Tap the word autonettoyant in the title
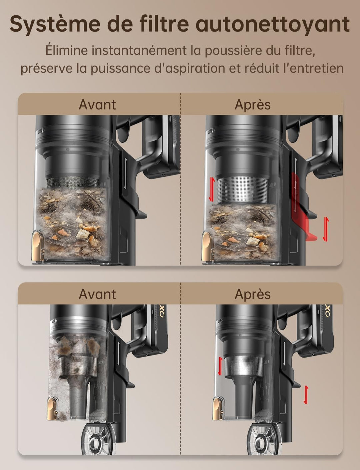(x=272, y=24)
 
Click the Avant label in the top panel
(x=97, y=105)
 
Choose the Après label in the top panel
(x=253, y=105)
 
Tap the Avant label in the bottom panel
(x=97, y=294)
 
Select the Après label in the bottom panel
(x=253, y=295)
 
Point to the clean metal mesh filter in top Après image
(x=242, y=190)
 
